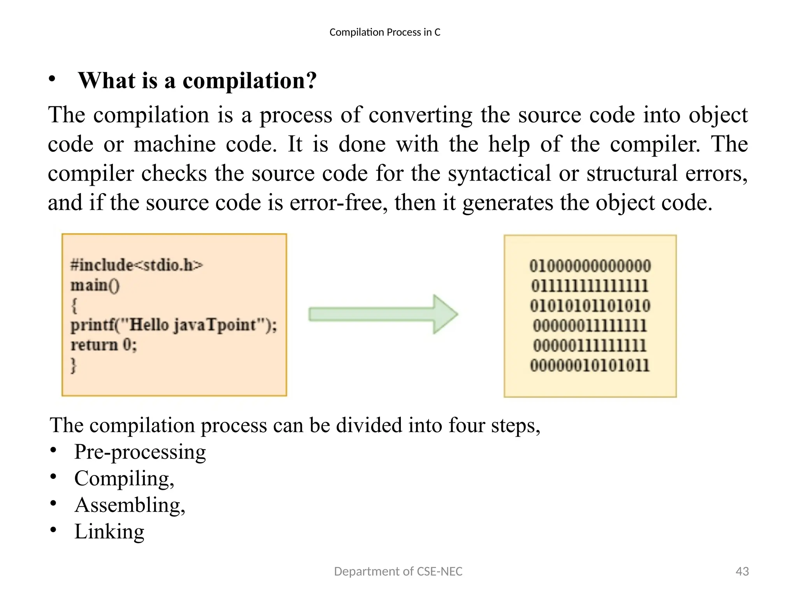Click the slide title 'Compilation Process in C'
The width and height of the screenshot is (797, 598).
[x=384, y=32]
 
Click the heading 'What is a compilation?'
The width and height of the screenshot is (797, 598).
[x=197, y=81]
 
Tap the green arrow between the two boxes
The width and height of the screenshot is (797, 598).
[x=383, y=314]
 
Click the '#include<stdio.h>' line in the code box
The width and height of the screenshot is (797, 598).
[x=137, y=265]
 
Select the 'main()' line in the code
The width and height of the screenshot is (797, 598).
[x=95, y=285]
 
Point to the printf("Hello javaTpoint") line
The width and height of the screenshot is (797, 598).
[x=174, y=325]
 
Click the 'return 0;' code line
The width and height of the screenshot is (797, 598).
[x=104, y=345]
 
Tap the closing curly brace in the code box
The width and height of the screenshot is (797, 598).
[x=74, y=365]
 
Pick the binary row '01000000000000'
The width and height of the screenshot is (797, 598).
[x=590, y=266]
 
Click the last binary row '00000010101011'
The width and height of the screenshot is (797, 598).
[x=590, y=366]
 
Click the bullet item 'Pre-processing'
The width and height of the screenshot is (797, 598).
[x=140, y=452]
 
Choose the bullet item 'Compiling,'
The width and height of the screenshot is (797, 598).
[x=124, y=478]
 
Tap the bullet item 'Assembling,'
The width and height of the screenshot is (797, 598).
[x=130, y=505]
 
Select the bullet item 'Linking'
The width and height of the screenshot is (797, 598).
[x=109, y=531]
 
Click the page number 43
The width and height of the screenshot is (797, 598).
[x=742, y=571]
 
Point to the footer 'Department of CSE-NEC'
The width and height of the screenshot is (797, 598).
[x=398, y=571]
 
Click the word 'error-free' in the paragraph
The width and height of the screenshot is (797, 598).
[x=338, y=203]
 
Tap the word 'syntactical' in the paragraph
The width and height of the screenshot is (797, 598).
[x=499, y=173]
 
